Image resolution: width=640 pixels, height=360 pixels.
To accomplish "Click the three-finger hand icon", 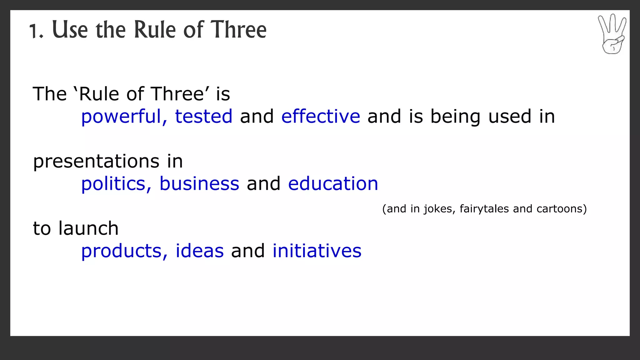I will pos(612,34).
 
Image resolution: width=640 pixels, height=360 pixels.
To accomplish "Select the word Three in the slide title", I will pos(238,30).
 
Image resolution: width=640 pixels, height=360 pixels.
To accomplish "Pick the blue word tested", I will pos(203,117).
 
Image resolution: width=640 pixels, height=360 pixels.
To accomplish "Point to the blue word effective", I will pos(321,117).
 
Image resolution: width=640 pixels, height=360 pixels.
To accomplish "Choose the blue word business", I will pos(199,184).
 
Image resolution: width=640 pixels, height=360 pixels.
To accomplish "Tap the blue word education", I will pos(333,184).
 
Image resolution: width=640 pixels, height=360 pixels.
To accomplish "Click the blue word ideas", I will pos(200,251).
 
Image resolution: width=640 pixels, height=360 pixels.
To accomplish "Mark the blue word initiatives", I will pos(317,251).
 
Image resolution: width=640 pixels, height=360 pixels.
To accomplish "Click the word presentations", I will pos(96,162).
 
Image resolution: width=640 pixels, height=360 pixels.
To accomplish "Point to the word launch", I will pos(88,228).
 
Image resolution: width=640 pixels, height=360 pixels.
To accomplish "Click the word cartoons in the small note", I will pos(561,209).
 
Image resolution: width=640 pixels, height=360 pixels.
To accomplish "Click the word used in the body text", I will pos(510,117).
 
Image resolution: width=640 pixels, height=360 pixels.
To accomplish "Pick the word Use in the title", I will pos(70,30).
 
